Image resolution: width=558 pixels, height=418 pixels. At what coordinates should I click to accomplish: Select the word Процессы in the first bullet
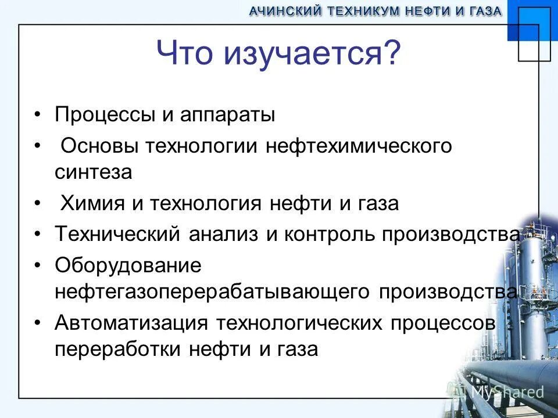[x=104, y=114]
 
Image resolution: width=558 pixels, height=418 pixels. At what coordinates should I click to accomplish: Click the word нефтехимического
[x=359, y=146]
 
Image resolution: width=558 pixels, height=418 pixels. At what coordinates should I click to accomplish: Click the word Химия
[x=93, y=204]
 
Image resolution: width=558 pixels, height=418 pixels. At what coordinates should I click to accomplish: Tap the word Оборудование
[x=128, y=266]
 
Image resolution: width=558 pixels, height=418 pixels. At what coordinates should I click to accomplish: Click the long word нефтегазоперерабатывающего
[x=212, y=291]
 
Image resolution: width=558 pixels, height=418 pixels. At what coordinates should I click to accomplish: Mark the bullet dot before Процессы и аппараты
[x=38, y=114]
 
